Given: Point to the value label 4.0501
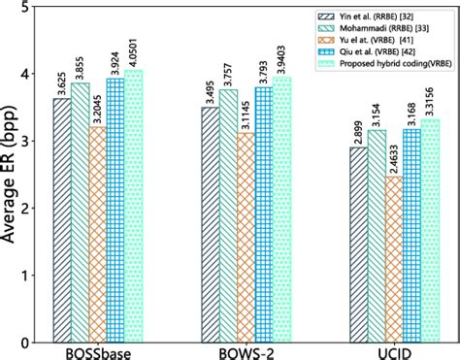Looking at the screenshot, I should pos(133,52).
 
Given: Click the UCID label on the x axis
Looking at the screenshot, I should pos(386,351).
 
